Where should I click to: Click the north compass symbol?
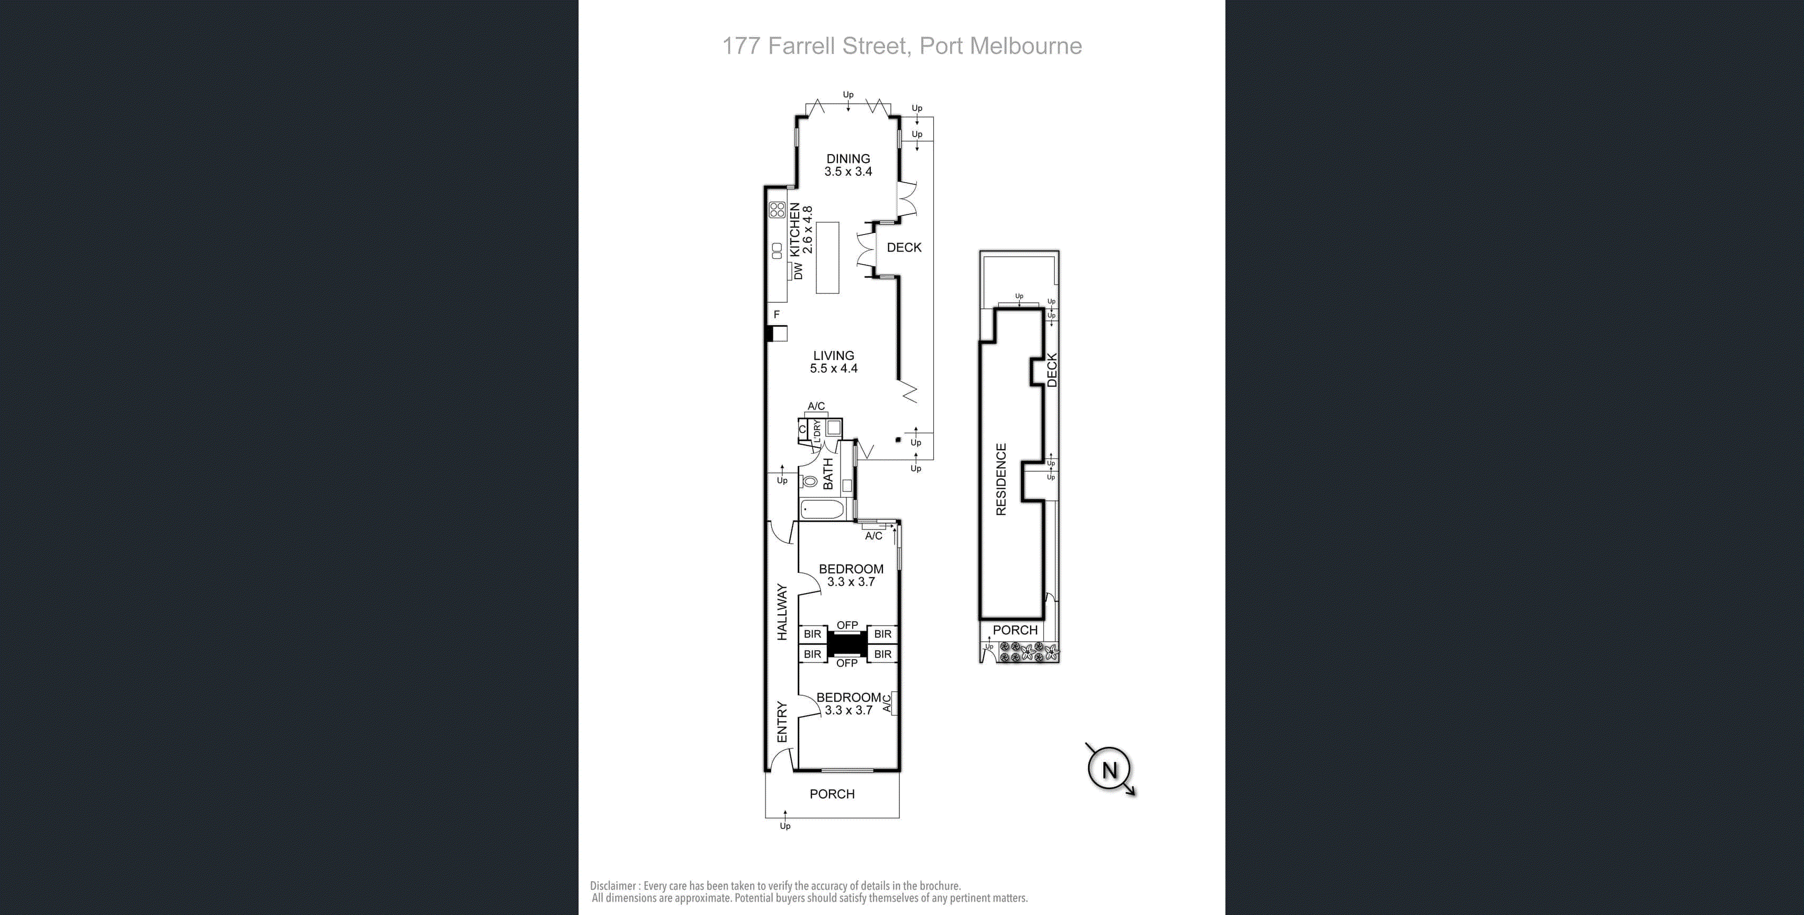point(1110,769)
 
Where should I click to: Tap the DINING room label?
point(847,159)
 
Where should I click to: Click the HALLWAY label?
point(782,612)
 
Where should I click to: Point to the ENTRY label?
point(782,722)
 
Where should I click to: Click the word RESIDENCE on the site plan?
point(1001,479)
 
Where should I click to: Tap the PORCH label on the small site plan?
point(1015,630)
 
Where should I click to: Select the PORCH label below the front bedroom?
point(832,794)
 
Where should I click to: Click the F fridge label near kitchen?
point(776,315)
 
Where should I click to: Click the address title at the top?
point(901,46)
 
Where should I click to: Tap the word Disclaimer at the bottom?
point(614,885)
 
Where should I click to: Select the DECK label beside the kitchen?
point(904,247)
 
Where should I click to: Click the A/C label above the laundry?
point(816,406)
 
